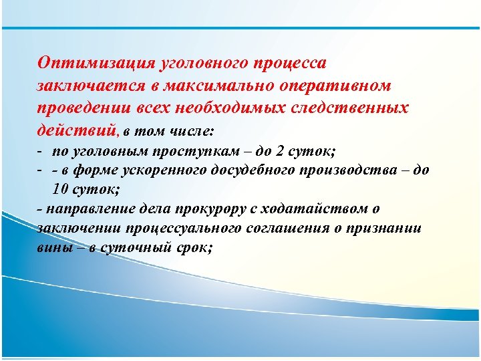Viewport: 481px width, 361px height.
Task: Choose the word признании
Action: (391, 228)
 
